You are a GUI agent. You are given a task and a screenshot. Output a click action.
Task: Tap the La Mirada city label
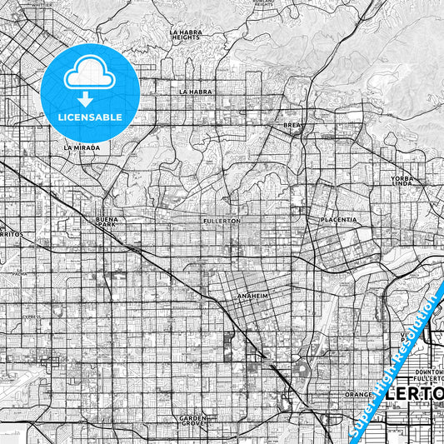[82, 147]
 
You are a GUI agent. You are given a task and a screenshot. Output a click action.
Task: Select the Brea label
[292, 125]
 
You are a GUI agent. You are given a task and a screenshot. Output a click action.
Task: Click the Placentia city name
[339, 220]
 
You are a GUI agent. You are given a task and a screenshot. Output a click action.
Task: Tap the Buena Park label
[107, 222]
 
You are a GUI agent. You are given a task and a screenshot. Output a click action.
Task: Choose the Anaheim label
[252, 296]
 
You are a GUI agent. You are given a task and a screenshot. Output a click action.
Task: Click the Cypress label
[32, 317]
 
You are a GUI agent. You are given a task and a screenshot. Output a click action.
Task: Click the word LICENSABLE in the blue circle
[89, 117]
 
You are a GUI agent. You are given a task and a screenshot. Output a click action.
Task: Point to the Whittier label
[41, 3]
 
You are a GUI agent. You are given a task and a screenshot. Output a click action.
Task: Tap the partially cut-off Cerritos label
[14, 236]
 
